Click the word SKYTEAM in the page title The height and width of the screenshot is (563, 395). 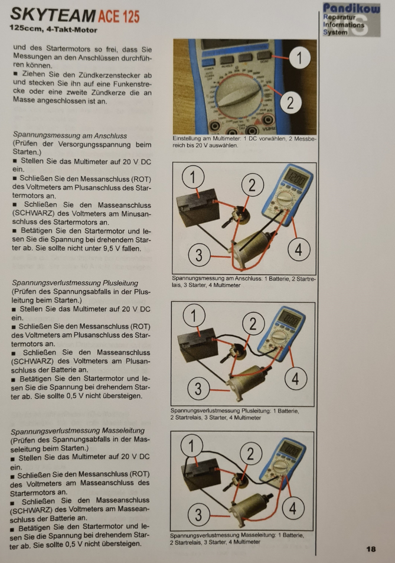[53, 15]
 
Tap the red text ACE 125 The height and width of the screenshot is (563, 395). [119, 17]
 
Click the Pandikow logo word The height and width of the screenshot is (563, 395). [351, 8]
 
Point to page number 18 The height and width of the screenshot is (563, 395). [371, 549]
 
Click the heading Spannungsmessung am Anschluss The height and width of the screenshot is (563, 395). [70, 135]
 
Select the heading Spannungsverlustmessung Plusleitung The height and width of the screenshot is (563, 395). [75, 282]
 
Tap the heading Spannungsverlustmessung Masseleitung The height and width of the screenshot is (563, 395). [77, 431]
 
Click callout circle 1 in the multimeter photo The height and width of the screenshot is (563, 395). [299, 57]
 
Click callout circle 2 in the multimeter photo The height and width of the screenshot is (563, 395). [290, 103]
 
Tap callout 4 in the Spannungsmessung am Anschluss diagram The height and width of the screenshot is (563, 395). [299, 249]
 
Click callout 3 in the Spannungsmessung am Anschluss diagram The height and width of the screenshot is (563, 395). [199, 255]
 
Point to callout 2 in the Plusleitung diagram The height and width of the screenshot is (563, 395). [253, 324]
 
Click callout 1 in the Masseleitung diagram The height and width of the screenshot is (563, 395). [191, 445]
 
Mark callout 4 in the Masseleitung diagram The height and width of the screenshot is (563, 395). [293, 509]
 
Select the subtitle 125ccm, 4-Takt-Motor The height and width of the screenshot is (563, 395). [54, 30]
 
